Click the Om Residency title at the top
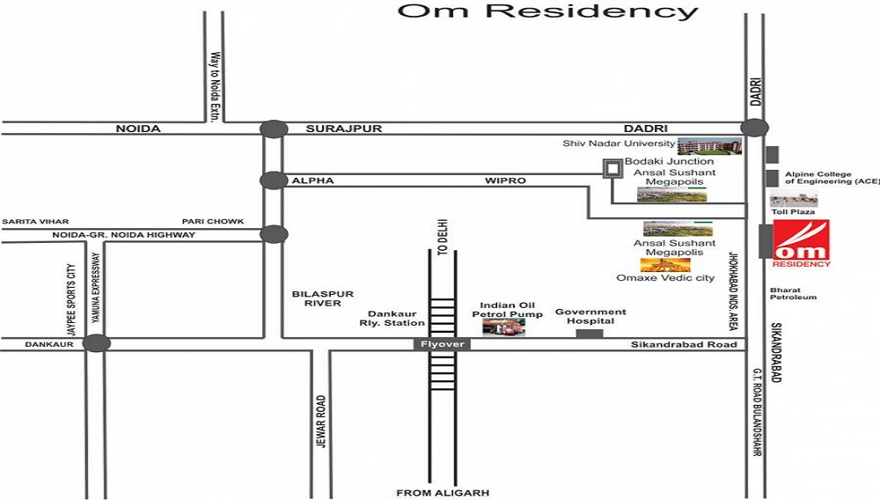547,11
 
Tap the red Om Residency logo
801,242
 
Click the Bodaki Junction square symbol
612,168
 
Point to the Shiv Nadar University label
620,143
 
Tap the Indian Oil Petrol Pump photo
503,327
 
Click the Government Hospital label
590,316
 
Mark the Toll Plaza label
792,212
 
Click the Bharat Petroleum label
793,293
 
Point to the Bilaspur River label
316,298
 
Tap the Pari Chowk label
213,222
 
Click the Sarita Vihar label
35,222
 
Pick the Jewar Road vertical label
321,421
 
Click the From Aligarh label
443,493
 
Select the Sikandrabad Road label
684,344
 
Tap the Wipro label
505,180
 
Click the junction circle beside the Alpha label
274,180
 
